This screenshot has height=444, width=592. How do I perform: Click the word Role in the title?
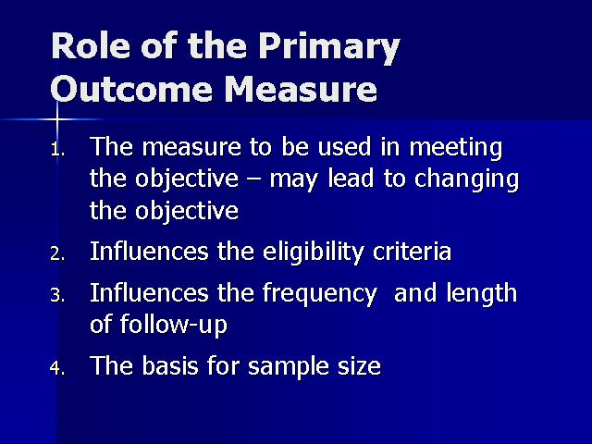(x=92, y=45)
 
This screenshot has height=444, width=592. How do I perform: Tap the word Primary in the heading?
(x=329, y=49)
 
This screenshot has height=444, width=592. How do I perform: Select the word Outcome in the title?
(x=130, y=89)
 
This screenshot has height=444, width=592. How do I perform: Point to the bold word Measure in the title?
(x=301, y=89)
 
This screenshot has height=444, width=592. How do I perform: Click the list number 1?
(x=57, y=150)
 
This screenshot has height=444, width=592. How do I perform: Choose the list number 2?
(x=57, y=254)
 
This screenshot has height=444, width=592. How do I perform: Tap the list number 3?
(x=57, y=296)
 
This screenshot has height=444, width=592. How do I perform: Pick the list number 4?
(x=57, y=368)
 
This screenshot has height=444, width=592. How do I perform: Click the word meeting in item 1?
(x=456, y=148)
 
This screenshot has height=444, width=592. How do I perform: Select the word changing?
(x=466, y=179)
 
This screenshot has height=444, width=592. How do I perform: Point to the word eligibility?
(x=314, y=253)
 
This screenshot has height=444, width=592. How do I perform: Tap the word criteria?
(x=412, y=251)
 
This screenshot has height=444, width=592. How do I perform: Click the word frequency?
(x=320, y=295)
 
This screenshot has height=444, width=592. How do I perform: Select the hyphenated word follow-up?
(x=174, y=325)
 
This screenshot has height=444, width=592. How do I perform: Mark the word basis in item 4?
(x=170, y=366)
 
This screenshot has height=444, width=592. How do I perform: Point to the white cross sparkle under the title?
(x=57, y=119)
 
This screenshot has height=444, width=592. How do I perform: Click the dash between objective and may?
(x=254, y=180)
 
